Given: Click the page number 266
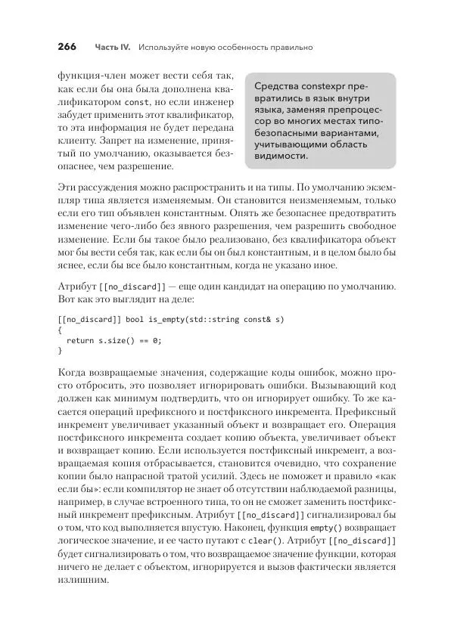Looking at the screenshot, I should [x=67, y=47].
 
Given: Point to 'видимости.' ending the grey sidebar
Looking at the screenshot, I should [x=281, y=156].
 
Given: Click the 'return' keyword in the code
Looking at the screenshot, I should [x=81, y=340].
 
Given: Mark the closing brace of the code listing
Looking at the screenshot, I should [x=60, y=351].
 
